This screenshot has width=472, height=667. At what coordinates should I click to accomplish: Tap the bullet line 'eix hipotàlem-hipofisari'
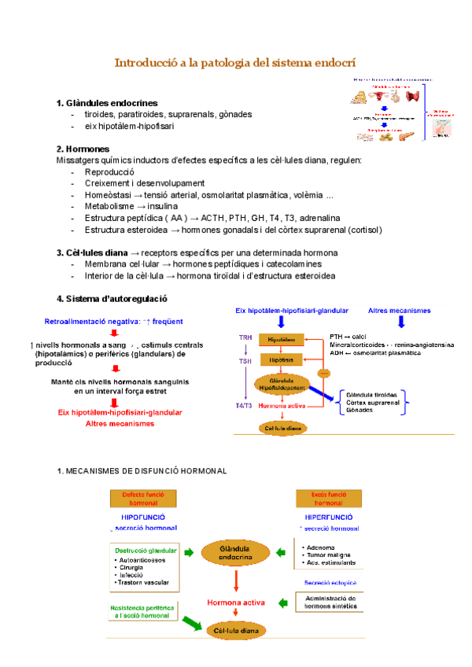129,126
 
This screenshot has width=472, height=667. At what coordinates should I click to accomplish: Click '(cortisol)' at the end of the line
360,230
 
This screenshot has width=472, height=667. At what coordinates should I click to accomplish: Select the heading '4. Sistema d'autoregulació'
111,299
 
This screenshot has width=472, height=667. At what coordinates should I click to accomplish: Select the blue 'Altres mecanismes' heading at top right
399,311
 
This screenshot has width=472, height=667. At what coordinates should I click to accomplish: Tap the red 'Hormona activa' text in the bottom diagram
236,603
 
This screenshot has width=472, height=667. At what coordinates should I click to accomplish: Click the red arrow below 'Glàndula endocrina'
236,581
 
